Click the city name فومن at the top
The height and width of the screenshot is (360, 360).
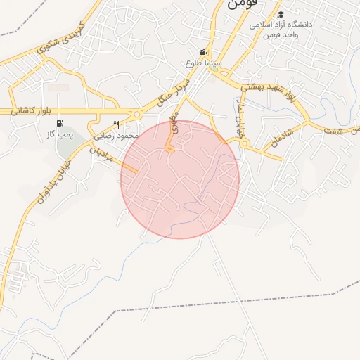click(243, 4)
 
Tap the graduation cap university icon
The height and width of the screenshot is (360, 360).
click(281, 14)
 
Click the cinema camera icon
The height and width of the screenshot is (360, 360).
click(203, 52)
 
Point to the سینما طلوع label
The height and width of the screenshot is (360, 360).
click(203, 63)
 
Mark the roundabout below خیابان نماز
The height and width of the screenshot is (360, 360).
click(244, 143)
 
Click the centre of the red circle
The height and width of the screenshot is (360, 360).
click(180, 179)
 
